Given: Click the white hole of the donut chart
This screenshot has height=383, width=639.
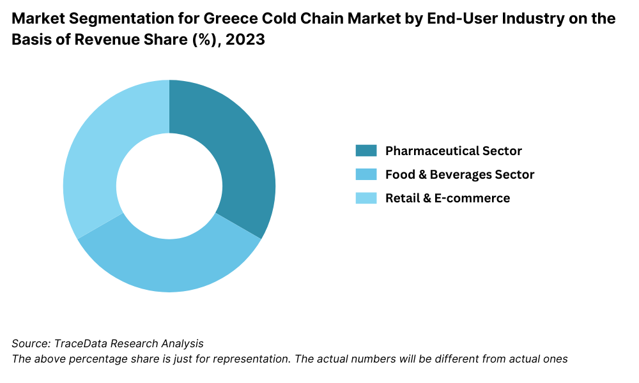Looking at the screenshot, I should [x=169, y=186].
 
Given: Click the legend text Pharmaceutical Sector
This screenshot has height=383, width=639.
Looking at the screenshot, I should [x=453, y=151].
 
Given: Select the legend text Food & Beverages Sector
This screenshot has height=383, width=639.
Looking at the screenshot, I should [x=459, y=174].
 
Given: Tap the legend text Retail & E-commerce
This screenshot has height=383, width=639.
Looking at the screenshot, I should [x=447, y=198].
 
